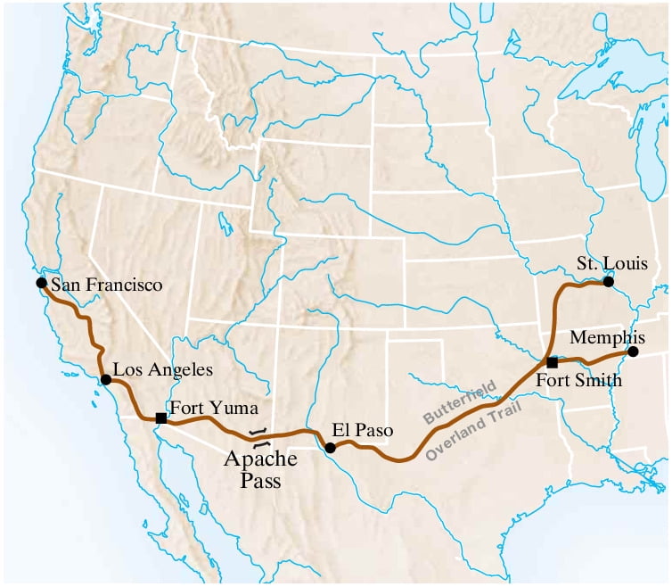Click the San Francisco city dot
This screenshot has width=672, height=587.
click(41, 283)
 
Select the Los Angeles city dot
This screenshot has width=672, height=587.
click(106, 379)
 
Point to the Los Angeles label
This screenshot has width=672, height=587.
click(163, 368)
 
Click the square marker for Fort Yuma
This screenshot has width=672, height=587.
click(161, 418)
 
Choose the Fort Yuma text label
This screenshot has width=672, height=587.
click(214, 409)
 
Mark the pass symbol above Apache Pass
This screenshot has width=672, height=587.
click(258, 437)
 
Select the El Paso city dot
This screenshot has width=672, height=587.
click(331, 448)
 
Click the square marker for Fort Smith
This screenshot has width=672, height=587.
click(552, 362)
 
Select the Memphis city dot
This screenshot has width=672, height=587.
click(633, 351)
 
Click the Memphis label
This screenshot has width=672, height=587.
click(608, 337)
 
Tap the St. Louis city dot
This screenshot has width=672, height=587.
click(608, 282)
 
